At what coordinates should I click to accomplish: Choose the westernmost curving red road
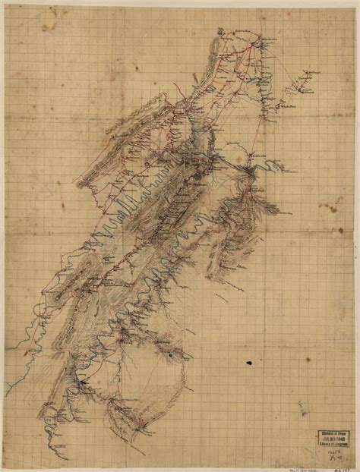(x=34, y=304)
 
